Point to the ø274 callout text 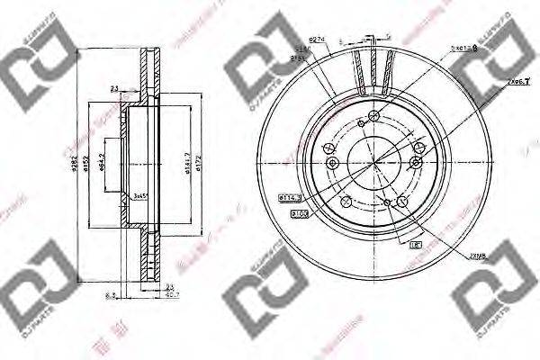click(x=316, y=39)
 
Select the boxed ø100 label click(x=300, y=213)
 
